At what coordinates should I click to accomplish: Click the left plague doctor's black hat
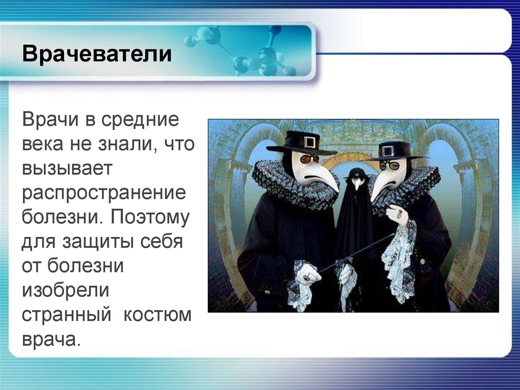coord(302,143)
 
